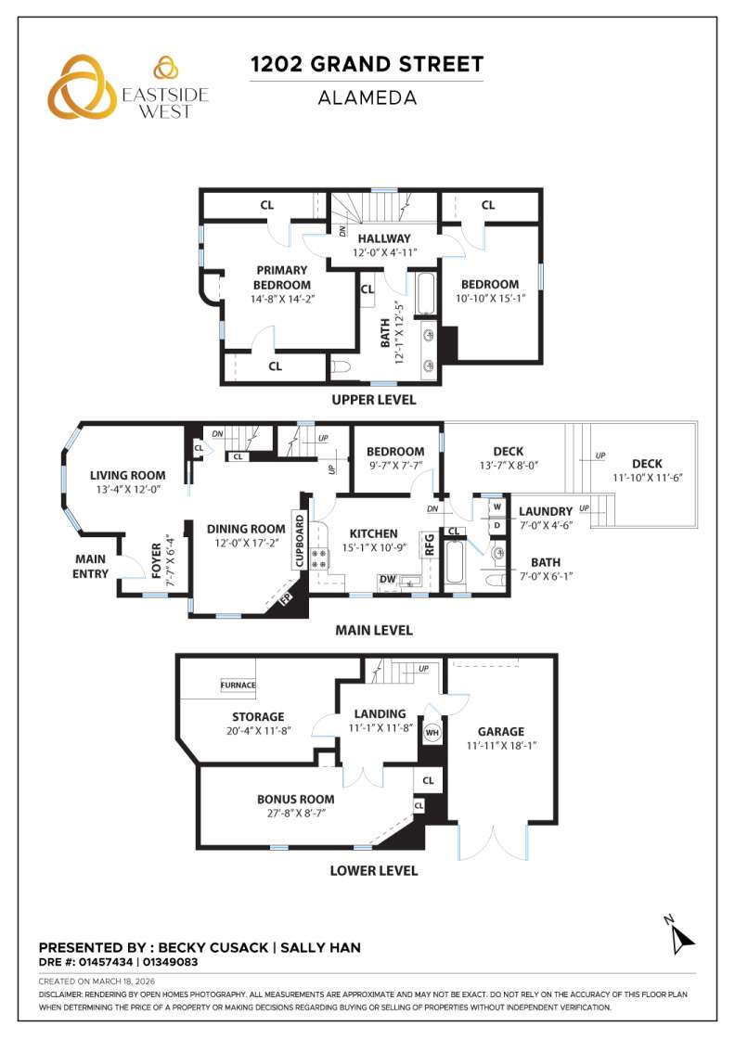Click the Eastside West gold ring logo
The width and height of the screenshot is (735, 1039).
click(84, 86)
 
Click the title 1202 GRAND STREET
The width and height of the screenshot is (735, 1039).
click(367, 64)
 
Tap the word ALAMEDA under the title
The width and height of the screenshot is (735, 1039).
click(367, 97)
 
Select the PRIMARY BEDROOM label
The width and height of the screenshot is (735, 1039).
click(281, 277)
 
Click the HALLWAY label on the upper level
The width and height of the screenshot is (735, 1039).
click(386, 238)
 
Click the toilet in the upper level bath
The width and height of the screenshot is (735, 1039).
click(340, 367)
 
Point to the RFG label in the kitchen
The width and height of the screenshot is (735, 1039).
click(430, 544)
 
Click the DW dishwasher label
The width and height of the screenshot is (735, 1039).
click(386, 579)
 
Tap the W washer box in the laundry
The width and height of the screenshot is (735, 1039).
click(496, 507)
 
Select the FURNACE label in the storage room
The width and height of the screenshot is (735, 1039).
click(238, 686)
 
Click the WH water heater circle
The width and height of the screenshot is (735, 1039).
click(432, 733)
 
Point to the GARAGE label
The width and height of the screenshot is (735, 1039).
click(501, 731)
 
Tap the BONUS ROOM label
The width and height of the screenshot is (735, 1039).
click(295, 799)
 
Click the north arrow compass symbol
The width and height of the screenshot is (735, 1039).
click(681, 937)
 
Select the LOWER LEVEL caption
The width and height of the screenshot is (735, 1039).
click(374, 870)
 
